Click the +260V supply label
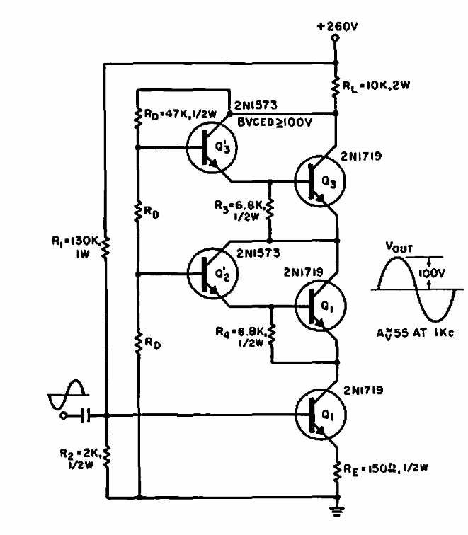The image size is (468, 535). pyautogui.click(x=337, y=27)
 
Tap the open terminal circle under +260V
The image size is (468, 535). pyautogui.click(x=336, y=38)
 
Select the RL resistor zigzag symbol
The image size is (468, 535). pyautogui.click(x=336, y=87)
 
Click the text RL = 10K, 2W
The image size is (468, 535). pyautogui.click(x=376, y=86)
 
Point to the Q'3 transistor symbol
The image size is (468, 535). pyautogui.click(x=212, y=148)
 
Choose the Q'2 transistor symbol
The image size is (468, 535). pyautogui.click(x=212, y=274)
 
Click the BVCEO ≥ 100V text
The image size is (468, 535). pyautogui.click(x=275, y=122)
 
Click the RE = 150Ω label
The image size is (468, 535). pyautogui.click(x=385, y=468)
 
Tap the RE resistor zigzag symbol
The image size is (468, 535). pyautogui.click(x=337, y=471)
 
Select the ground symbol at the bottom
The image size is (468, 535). pyautogui.click(x=337, y=510)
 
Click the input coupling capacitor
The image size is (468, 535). pyautogui.click(x=86, y=415)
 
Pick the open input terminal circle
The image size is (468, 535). pyautogui.click(x=63, y=415)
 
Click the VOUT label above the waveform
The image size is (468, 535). pyautogui.click(x=399, y=247)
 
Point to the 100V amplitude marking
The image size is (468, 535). pyautogui.click(x=432, y=273)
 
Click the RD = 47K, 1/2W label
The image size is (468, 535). pyautogui.click(x=181, y=114)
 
